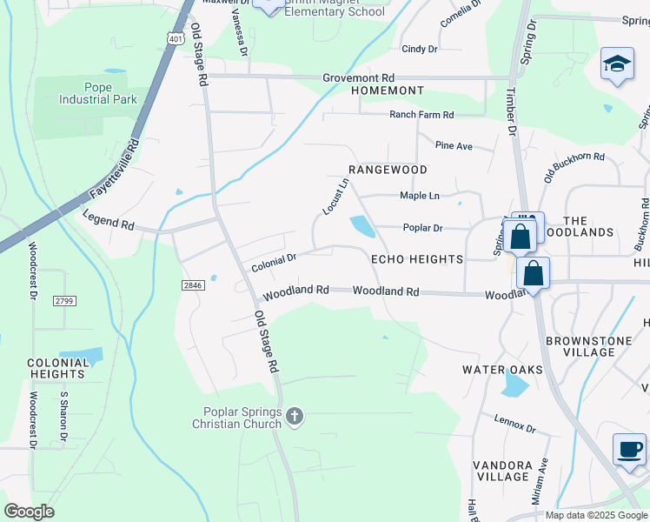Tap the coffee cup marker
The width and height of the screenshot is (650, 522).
[x=629, y=450]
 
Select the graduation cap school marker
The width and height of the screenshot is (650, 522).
[x=616, y=64]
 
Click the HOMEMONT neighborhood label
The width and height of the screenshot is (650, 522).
[x=387, y=90]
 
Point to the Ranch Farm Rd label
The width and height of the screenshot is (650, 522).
[x=421, y=115]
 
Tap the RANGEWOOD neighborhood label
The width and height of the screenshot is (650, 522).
[x=388, y=169]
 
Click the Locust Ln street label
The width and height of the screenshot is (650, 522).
[x=335, y=197]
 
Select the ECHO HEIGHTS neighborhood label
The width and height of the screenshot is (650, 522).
[x=417, y=259]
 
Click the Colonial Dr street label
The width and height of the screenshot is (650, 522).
[x=274, y=263]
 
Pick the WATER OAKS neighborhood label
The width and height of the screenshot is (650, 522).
[x=502, y=370]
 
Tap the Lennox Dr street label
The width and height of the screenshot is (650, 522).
[x=516, y=424]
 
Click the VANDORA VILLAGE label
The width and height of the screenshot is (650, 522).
[x=502, y=471]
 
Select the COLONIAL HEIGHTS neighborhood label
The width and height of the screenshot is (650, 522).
[x=56, y=368]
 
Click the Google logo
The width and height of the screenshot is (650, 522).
[x=29, y=511]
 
